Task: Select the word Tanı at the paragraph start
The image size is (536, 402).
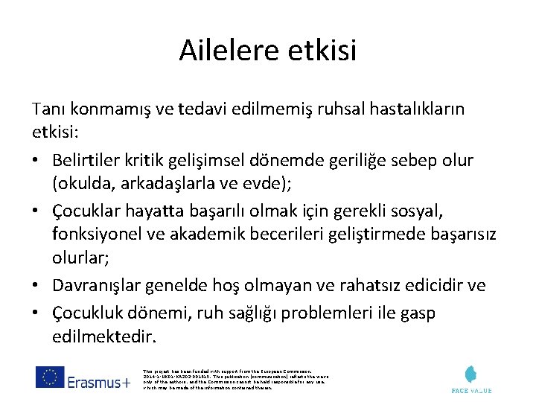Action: click(x=48, y=109)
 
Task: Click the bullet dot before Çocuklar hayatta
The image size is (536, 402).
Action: click(x=37, y=211)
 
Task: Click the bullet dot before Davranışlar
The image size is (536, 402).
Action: click(x=37, y=286)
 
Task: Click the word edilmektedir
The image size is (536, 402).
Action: click(x=105, y=336)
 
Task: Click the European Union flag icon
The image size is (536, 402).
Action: click(x=49, y=378)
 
